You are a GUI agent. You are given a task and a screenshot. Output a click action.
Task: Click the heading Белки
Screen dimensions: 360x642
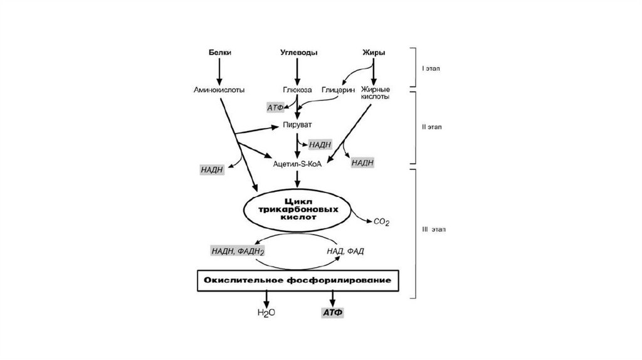coord(219,53)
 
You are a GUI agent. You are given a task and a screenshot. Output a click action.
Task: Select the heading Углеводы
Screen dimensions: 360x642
coord(297,53)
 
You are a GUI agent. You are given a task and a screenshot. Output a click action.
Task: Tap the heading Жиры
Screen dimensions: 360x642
coord(373,53)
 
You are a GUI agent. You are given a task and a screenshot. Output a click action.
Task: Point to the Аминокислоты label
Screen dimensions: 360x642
coord(219,90)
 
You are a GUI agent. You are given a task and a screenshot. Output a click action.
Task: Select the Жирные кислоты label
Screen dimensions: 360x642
coord(374,93)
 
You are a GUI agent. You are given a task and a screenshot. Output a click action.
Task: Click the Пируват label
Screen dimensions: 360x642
coord(297,125)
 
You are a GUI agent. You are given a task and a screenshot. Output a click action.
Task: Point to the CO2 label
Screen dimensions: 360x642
coord(381,221)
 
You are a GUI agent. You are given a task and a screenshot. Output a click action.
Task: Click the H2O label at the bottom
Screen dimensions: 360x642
coord(267,312)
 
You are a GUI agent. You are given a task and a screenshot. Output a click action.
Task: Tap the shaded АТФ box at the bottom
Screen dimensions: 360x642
coord(332,312)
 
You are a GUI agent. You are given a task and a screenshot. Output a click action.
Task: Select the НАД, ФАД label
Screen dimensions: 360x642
coord(345,251)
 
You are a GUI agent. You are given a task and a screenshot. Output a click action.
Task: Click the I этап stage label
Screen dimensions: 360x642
coord(431,68)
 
